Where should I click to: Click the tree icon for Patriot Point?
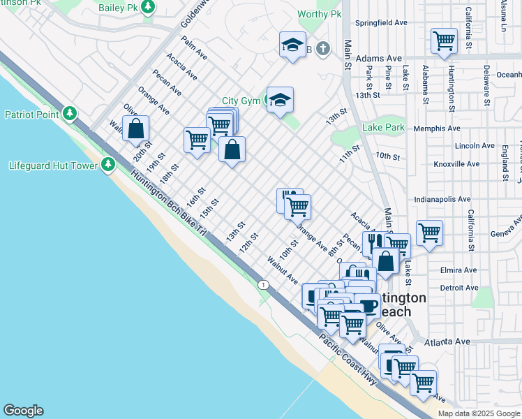tap(69, 114)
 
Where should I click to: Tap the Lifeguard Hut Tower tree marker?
tap(107, 165)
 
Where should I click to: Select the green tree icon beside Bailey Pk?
tap(148, 7)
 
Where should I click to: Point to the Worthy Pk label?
tap(319, 14)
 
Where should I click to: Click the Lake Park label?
tap(383, 128)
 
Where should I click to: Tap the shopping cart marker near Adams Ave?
tap(444, 41)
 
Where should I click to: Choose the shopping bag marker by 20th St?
tap(135, 128)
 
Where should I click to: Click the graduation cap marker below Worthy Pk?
tap(292, 45)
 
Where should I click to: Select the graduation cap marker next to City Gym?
tap(280, 100)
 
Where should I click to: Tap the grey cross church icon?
tap(322, 48)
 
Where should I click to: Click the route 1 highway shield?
tap(263, 284)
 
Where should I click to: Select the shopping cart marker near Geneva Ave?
tap(428, 233)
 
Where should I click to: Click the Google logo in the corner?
tap(23, 411)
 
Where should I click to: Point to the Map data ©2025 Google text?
tap(478, 413)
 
